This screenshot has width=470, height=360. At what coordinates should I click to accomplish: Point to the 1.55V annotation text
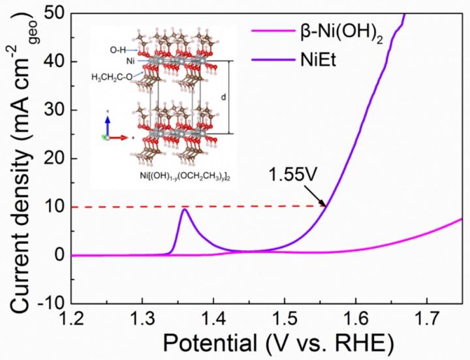click(287, 175)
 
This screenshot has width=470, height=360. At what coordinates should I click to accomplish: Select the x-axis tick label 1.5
click(285, 320)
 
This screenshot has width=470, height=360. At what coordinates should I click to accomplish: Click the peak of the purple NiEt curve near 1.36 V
click(185, 209)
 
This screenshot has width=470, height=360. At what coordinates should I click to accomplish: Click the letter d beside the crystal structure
click(223, 98)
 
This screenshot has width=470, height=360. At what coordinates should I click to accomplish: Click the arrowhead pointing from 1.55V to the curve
click(324, 204)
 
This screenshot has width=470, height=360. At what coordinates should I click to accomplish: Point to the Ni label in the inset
click(130, 61)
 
